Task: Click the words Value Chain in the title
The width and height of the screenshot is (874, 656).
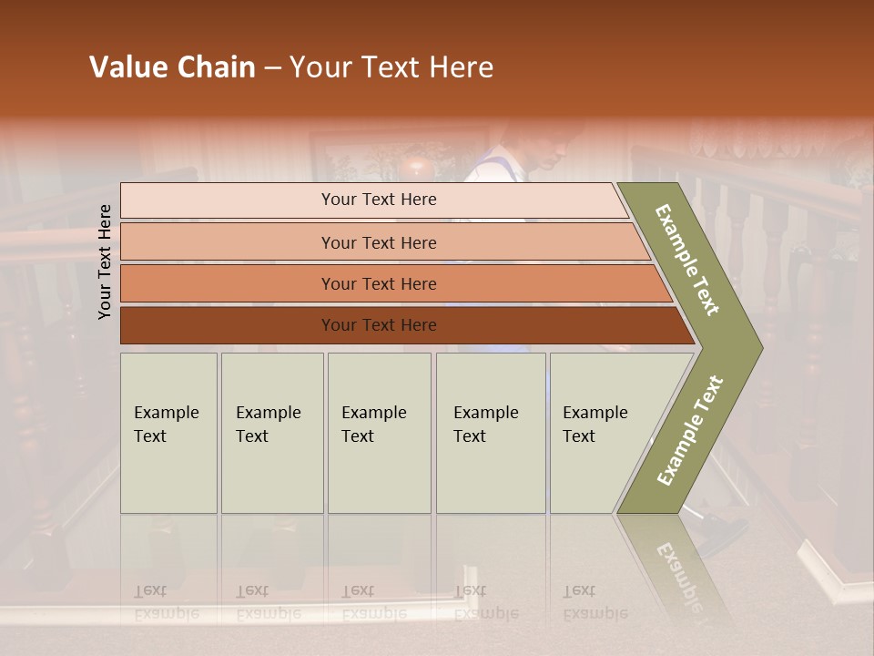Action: (172, 67)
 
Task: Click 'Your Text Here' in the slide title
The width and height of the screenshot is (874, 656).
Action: (391, 67)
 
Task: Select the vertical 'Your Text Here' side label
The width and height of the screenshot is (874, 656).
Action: (105, 261)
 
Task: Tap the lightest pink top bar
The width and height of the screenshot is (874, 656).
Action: (228, 200)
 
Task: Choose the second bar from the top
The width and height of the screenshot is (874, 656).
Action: (228, 242)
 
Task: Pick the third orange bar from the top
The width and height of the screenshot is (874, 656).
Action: (228, 284)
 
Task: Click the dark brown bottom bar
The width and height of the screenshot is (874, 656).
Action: (228, 325)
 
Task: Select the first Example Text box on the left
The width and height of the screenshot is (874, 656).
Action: (168, 433)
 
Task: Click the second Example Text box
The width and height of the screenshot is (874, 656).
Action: (272, 433)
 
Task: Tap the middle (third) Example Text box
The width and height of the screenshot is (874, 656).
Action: (379, 433)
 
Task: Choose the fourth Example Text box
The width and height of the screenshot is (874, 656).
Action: (491, 433)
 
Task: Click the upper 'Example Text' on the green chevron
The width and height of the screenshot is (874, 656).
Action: (687, 260)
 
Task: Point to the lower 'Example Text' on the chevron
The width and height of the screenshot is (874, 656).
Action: (690, 430)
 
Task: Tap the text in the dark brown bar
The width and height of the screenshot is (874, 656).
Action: (379, 325)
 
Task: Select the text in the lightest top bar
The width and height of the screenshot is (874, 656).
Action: (379, 200)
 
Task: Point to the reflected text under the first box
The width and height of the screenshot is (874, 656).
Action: (167, 602)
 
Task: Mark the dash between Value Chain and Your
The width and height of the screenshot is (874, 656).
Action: (272, 68)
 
